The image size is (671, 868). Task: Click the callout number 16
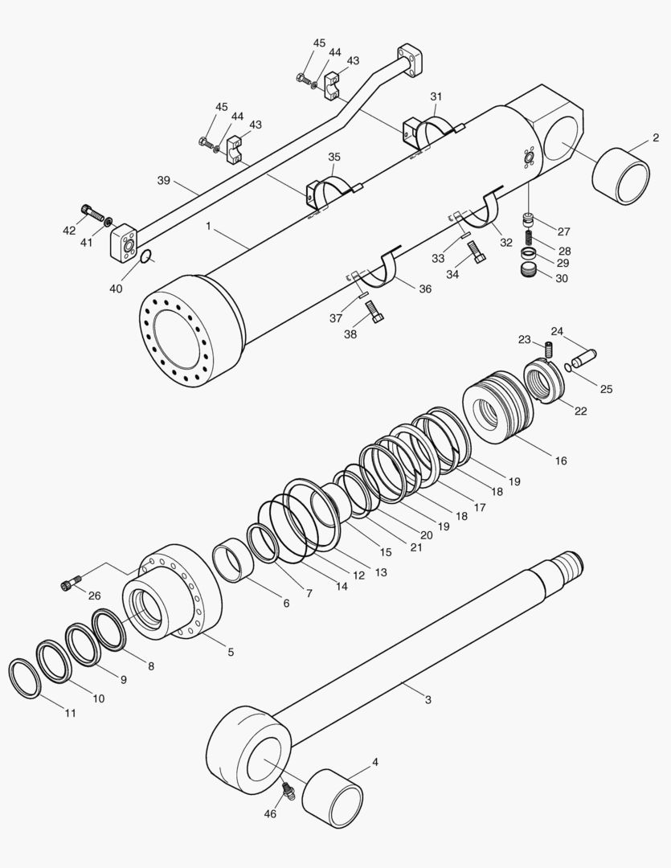click(561, 461)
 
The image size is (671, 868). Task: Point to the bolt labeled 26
click(70, 583)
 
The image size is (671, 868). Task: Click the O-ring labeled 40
click(145, 256)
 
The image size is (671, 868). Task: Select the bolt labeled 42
click(94, 215)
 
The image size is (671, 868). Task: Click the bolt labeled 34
click(477, 252)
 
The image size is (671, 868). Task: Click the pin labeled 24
click(583, 353)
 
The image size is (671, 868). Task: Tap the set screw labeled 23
click(550, 350)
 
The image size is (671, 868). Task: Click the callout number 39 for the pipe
click(164, 181)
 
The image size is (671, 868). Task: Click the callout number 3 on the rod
click(428, 700)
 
